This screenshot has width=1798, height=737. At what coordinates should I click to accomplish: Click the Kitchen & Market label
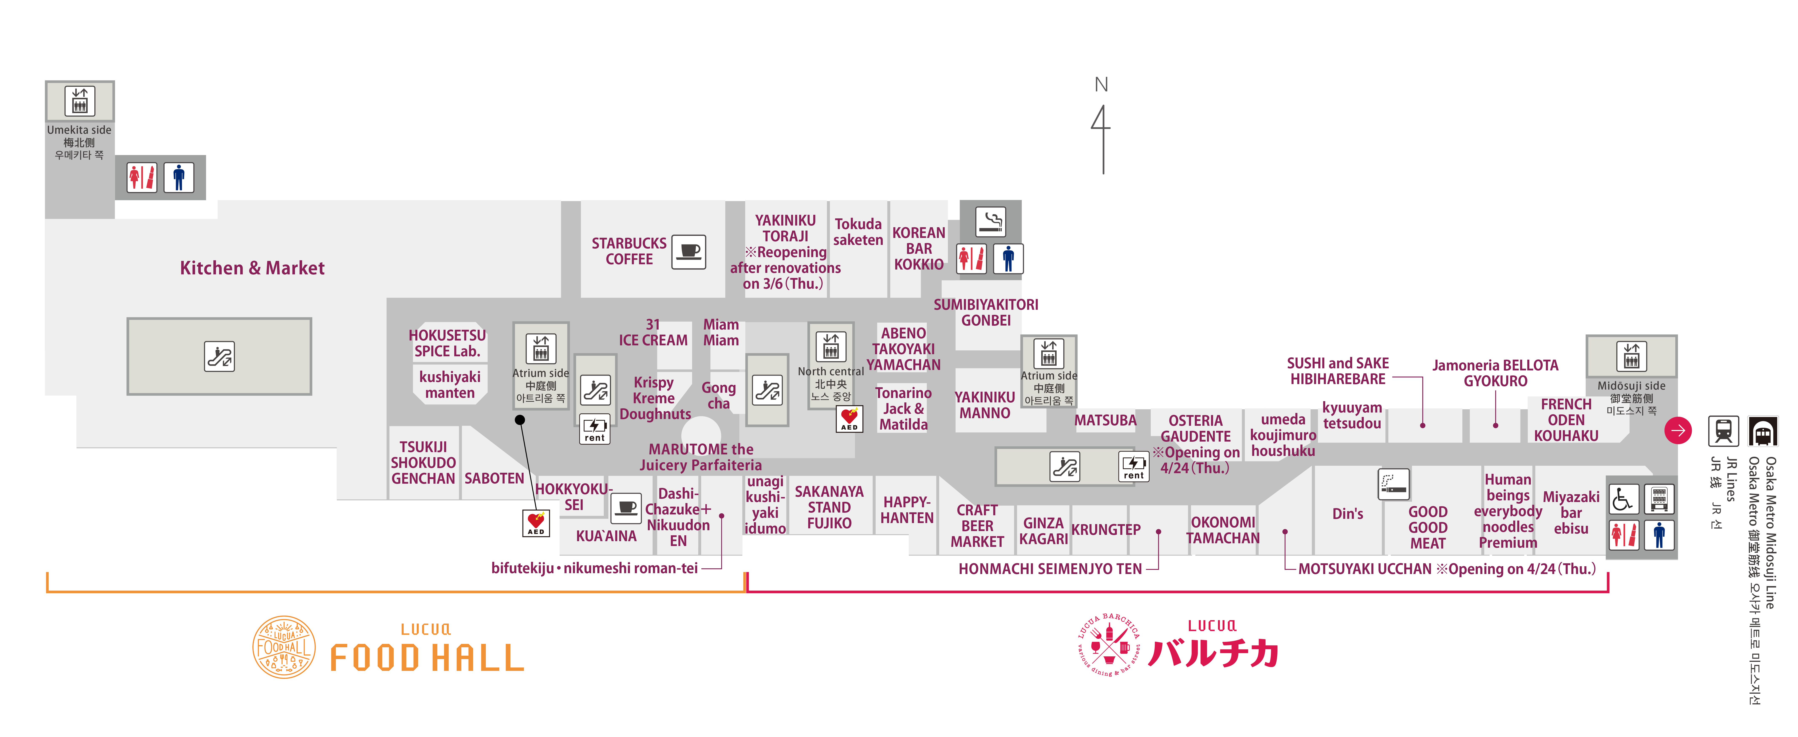coord(252,268)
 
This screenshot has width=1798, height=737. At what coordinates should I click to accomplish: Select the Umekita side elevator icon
coord(80,100)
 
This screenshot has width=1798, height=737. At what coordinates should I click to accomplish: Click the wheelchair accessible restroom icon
coord(1623,499)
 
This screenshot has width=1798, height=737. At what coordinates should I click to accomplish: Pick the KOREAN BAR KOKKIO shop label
coord(919,248)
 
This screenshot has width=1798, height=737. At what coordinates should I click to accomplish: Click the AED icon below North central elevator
coord(849,418)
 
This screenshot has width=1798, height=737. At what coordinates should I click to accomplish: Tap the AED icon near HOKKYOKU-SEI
coord(536,522)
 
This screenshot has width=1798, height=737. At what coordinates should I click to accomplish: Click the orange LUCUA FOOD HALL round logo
coord(283,647)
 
